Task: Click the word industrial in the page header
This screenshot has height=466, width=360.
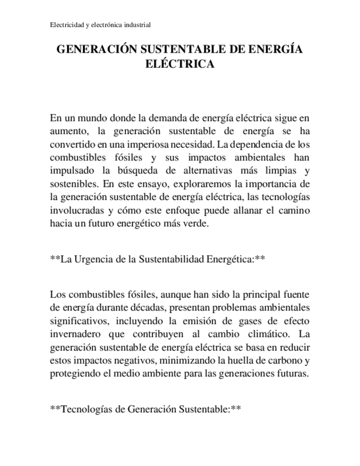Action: [137, 25]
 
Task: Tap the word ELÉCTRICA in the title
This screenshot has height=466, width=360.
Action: [179, 64]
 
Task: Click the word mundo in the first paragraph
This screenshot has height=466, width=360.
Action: [91, 118]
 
